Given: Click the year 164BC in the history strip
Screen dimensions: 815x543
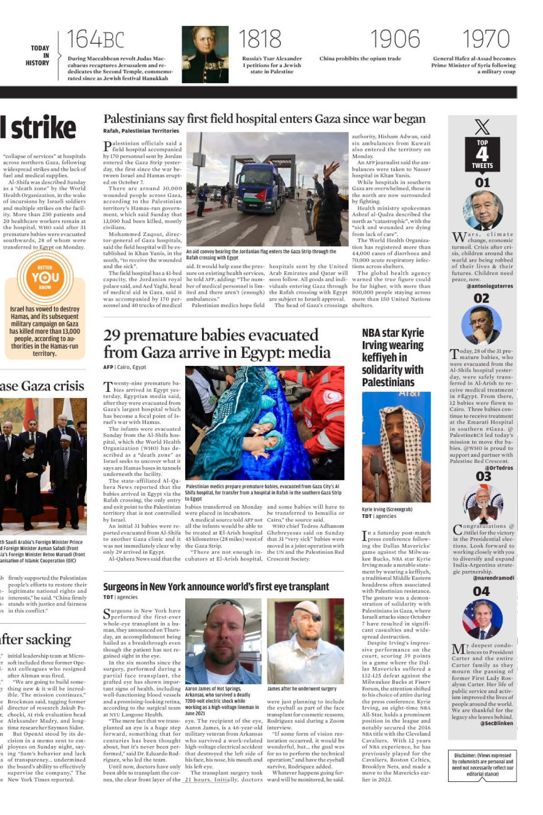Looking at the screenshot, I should click(96, 39).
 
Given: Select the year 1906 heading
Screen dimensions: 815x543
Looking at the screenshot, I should click(395, 39).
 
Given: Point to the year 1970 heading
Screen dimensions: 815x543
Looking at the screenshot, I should click(485, 39).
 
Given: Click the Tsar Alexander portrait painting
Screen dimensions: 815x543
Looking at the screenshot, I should click(205, 54).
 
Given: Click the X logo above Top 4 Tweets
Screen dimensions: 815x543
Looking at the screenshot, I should click(482, 127).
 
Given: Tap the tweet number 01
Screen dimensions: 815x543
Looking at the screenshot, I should click(482, 182).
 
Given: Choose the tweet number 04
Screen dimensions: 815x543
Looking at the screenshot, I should click(481, 591).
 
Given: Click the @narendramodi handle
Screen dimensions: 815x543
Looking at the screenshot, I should click(494, 578).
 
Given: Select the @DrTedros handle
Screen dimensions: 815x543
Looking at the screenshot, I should click(499, 468).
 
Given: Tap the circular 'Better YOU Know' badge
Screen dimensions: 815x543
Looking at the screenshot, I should click(45, 277).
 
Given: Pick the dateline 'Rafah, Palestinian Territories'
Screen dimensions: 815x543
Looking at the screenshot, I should click(141, 131).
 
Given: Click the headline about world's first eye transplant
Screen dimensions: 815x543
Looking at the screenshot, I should click(216, 587).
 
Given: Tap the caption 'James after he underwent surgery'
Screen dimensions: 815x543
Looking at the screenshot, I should click(302, 689).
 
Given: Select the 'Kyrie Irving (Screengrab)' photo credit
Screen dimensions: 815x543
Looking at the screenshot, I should click(387, 509).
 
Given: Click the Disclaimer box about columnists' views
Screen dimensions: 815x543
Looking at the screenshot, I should click(482, 765).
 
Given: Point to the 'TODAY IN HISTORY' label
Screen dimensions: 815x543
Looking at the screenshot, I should click(40, 55).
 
